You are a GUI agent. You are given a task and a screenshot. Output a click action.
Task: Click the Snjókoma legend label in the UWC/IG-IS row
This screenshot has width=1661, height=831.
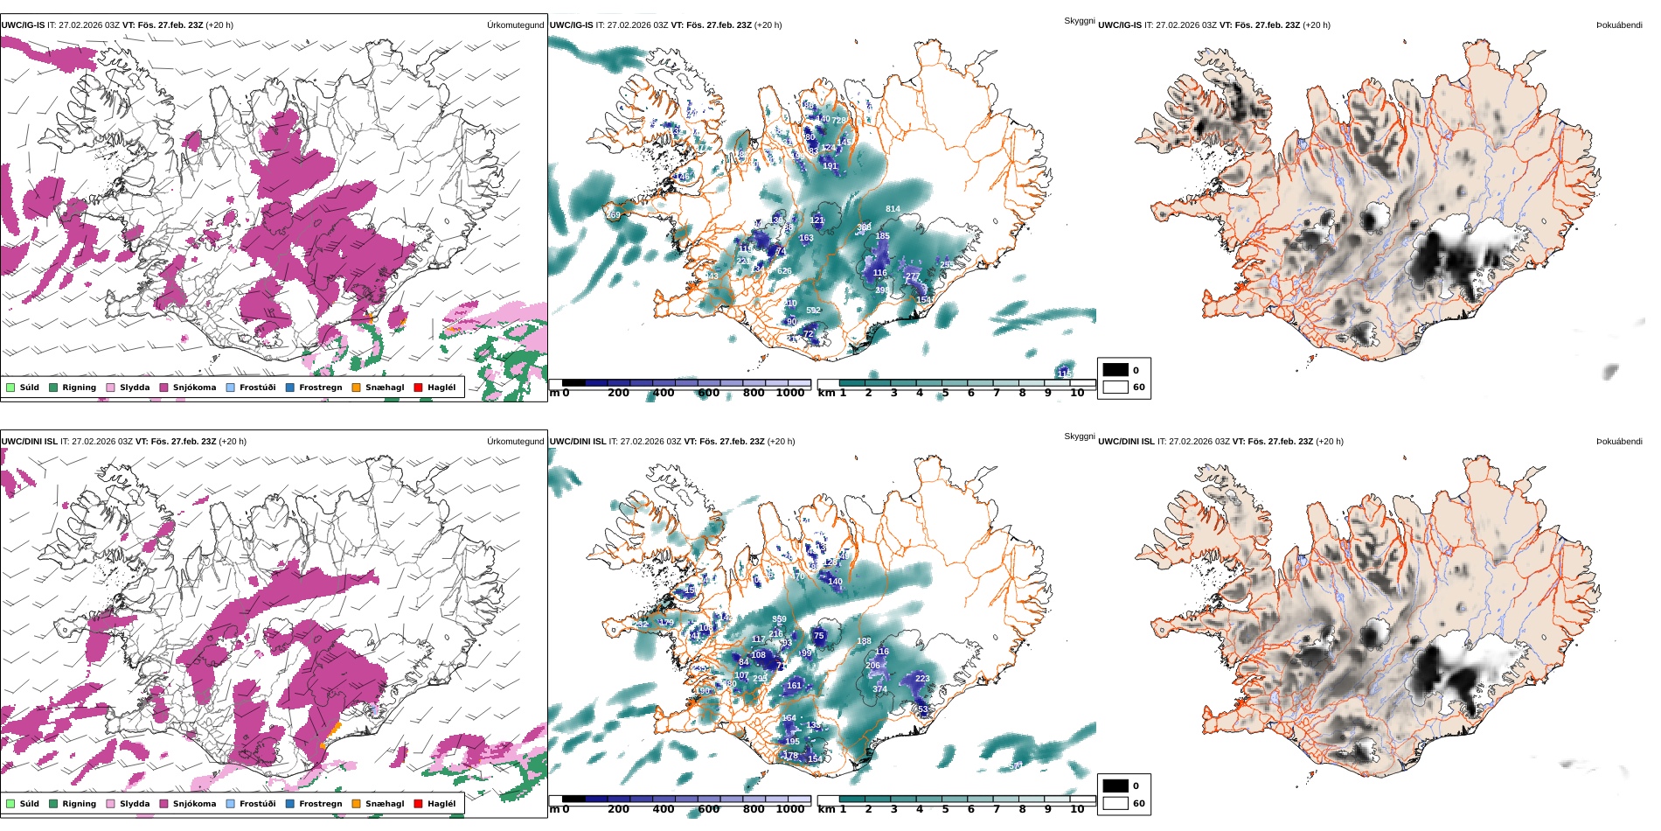point(194,388)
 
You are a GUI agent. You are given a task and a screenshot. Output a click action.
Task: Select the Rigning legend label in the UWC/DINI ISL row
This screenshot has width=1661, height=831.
point(79,804)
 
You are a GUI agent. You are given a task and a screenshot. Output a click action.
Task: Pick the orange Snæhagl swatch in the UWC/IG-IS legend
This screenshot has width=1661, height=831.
point(356,388)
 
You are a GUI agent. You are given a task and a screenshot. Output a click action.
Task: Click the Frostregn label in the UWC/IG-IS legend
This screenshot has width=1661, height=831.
point(320,388)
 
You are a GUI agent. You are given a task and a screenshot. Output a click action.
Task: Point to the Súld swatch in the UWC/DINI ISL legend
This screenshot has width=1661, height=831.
point(10,804)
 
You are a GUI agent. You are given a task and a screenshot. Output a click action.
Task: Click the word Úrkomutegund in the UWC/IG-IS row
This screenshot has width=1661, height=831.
point(515,25)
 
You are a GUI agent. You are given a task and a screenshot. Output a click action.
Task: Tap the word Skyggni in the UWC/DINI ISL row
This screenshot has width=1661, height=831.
point(1079,436)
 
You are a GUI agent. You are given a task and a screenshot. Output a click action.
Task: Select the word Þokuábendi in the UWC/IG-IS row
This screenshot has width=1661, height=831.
point(1619,25)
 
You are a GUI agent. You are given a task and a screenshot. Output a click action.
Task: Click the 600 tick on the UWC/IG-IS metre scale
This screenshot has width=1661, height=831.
point(709,393)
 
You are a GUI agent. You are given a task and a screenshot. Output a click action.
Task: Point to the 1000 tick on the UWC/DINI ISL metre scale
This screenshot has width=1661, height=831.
point(790,809)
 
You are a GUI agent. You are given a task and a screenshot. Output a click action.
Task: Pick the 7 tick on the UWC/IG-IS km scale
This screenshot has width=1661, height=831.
point(996,393)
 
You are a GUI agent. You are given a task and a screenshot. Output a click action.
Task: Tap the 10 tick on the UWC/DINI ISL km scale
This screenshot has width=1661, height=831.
point(1077,809)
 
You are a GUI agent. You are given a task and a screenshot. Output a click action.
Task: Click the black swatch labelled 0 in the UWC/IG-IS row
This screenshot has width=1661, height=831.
point(1115,370)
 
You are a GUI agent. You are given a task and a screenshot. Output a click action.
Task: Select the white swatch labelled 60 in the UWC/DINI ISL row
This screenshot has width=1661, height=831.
point(1115,803)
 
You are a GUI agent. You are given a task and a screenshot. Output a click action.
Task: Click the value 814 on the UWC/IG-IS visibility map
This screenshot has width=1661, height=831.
point(893,209)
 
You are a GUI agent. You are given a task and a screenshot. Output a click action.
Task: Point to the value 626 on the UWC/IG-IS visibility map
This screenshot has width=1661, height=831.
point(784,271)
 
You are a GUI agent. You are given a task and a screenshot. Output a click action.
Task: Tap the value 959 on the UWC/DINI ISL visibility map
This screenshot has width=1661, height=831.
point(779,619)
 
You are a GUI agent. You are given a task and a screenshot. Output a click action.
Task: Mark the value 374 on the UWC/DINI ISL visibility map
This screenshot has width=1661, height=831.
point(879,689)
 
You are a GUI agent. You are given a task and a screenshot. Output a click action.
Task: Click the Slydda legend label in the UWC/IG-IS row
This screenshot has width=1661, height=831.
point(135,388)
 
